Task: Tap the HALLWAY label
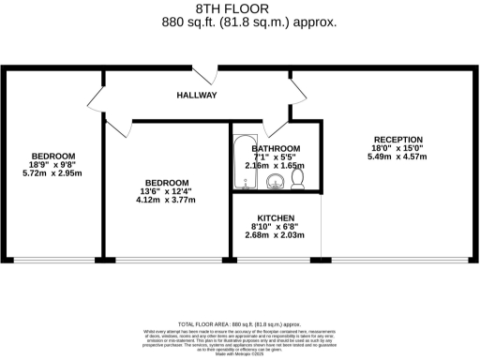click(197, 96)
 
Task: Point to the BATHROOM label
click(276, 149)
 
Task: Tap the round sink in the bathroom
click(275, 181)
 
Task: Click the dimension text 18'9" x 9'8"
click(52, 165)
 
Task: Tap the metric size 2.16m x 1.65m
click(276, 166)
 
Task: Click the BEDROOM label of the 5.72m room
click(52, 156)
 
